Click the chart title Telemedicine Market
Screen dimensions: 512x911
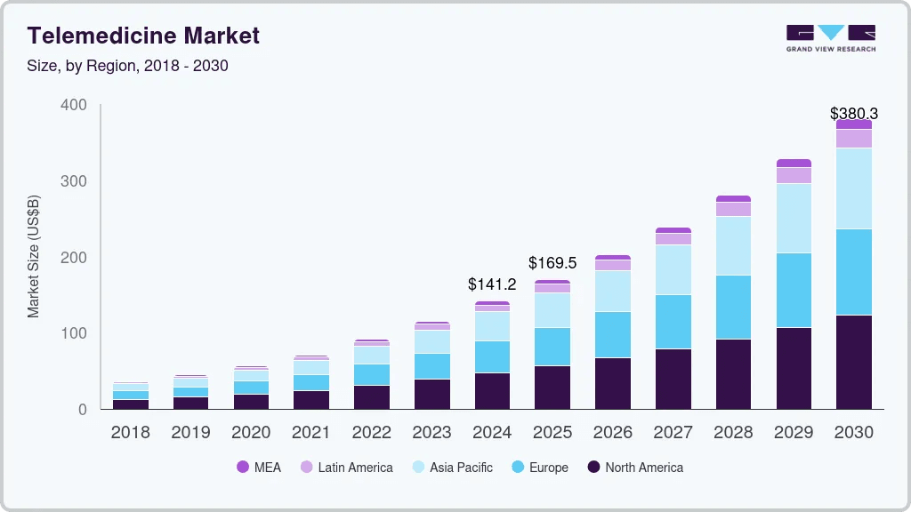(143, 36)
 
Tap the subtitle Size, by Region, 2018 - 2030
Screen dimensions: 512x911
(128, 66)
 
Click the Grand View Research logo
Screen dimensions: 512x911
(830, 37)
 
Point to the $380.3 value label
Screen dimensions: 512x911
(853, 114)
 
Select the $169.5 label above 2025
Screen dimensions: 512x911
(552, 263)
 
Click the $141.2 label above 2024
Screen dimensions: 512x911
(492, 284)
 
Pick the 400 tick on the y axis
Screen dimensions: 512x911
(74, 105)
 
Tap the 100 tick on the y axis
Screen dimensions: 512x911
(74, 333)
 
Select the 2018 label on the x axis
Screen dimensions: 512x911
(130, 433)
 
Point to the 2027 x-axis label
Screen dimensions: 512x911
(673, 433)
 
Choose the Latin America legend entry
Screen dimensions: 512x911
(346, 468)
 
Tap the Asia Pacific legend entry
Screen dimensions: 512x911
(452, 468)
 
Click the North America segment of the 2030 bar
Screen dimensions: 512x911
(854, 362)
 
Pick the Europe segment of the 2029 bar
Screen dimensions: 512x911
(794, 290)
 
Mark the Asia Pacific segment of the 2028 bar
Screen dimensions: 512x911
(733, 245)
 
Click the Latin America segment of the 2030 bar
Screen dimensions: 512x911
(854, 139)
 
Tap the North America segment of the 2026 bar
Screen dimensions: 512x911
(613, 383)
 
